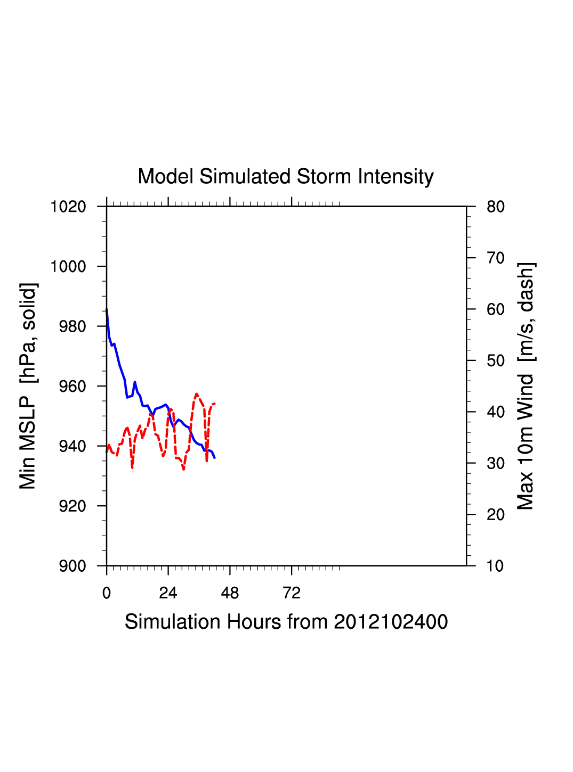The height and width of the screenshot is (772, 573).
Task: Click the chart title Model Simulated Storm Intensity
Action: pyautogui.click(x=286, y=177)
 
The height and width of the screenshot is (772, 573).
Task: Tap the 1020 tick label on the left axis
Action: pyautogui.click(x=68, y=207)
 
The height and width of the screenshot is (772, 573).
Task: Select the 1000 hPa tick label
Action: pyautogui.click(x=68, y=267)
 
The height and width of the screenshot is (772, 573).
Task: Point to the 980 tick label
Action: pyautogui.click(x=72, y=326)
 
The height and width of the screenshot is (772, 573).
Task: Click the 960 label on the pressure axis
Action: pyautogui.click(x=72, y=387)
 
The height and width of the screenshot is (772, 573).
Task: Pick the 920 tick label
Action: pyautogui.click(x=72, y=506)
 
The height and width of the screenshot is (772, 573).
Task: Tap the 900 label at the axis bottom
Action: pyautogui.click(x=72, y=566)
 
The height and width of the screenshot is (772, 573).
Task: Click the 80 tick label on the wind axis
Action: pyautogui.click(x=496, y=207)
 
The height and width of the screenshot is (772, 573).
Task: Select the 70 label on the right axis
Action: pyautogui.click(x=496, y=258)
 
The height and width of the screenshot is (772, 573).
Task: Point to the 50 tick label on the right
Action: pyautogui.click(x=496, y=361)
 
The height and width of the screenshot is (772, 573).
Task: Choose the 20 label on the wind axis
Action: pyautogui.click(x=496, y=515)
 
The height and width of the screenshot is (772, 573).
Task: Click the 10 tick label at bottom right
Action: pyautogui.click(x=496, y=566)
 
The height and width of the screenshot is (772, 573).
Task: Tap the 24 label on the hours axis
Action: pyautogui.click(x=168, y=593)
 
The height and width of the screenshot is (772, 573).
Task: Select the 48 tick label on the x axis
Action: pyautogui.click(x=230, y=593)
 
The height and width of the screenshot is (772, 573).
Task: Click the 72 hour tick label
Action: pyautogui.click(x=292, y=593)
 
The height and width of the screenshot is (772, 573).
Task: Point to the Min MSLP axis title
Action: pyautogui.click(x=28, y=386)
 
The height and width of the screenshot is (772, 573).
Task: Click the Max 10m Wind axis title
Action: pyautogui.click(x=526, y=386)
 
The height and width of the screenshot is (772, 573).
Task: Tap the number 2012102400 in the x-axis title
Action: pyautogui.click(x=391, y=622)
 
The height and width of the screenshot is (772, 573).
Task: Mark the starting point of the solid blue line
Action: pyautogui.click(x=107, y=309)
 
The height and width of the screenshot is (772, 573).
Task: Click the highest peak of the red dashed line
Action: pyautogui.click(x=197, y=394)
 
